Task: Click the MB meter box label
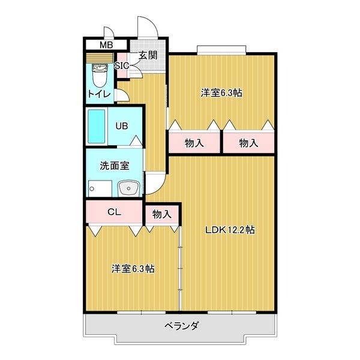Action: tap(106, 45)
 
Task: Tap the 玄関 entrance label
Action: tap(148, 55)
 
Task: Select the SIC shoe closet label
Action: tap(121, 65)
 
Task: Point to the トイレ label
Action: tap(98, 94)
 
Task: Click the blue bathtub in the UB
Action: tap(96, 126)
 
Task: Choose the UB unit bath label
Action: tap(122, 126)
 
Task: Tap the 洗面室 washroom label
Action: tap(113, 165)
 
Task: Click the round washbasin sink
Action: tap(128, 189)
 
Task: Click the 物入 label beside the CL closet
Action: tap(161, 214)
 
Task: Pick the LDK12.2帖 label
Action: tap(230, 230)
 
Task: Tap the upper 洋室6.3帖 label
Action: tap(222, 93)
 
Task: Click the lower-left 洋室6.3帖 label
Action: tap(133, 269)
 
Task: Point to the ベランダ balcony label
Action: tap(181, 326)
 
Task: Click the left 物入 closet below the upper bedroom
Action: tap(194, 143)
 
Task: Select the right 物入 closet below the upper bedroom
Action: tap(248, 143)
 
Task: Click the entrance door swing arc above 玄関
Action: tap(146, 27)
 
